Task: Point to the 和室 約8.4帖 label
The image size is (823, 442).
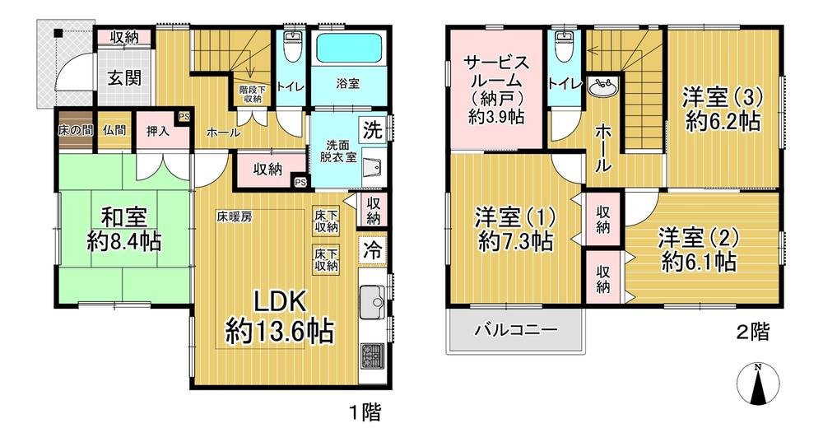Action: click(124, 230)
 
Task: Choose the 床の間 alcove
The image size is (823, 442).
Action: click(75, 129)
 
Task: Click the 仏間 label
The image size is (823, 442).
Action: click(114, 129)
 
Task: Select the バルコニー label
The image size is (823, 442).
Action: click(515, 331)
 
